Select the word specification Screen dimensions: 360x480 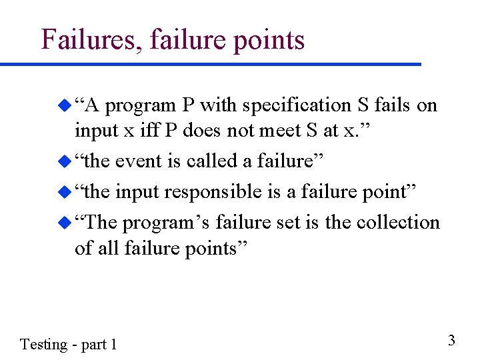click(x=291, y=105)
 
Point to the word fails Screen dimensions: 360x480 click(x=393, y=105)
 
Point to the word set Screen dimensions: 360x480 click(x=289, y=222)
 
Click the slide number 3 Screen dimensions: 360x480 click(x=451, y=341)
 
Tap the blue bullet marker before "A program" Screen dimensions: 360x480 click(x=65, y=105)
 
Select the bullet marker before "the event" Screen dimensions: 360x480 click(x=65, y=161)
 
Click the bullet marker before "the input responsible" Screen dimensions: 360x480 click(x=65, y=192)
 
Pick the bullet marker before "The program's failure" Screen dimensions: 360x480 click(x=65, y=222)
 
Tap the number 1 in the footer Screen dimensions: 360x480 click(x=113, y=344)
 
